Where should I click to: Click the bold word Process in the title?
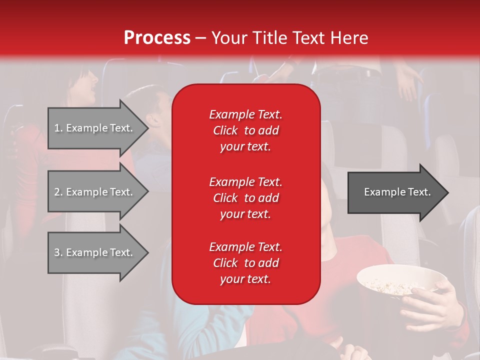[157, 38]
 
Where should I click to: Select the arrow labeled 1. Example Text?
[95, 128]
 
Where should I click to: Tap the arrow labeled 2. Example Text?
[95, 192]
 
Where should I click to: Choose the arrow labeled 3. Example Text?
[95, 252]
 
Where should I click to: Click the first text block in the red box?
[245, 130]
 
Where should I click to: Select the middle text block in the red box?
[245, 198]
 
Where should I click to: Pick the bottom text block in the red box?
[245, 263]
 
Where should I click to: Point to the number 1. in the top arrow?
[58, 128]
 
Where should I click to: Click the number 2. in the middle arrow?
[58, 192]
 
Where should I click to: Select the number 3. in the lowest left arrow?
[58, 252]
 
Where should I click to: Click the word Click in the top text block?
[225, 131]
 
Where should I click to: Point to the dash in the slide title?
[200, 38]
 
